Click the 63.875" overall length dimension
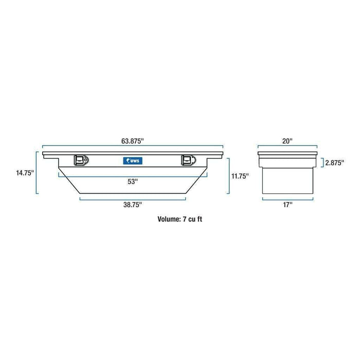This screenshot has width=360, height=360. (132, 140)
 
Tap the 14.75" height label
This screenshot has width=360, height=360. (24, 173)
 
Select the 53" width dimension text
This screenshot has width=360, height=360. (133, 181)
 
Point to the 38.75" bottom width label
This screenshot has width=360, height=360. (133, 204)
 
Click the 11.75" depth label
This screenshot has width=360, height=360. (240, 176)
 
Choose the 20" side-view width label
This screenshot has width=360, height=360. (287, 140)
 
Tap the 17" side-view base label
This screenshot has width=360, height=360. (287, 205)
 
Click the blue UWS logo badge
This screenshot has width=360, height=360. (133, 161)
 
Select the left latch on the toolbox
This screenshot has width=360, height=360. (81, 160)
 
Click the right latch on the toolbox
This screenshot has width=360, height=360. (187, 160)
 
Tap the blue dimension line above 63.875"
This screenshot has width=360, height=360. (133, 146)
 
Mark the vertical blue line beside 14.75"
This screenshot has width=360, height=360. (37, 173)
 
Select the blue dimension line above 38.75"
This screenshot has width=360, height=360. (133, 198)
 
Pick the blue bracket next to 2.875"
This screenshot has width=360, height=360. (322, 164)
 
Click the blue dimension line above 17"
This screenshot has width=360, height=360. (287, 199)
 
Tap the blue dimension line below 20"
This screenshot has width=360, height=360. (287, 146)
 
